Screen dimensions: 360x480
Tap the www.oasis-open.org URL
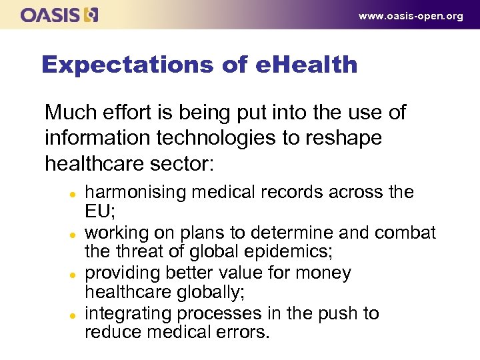click(411, 16)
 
